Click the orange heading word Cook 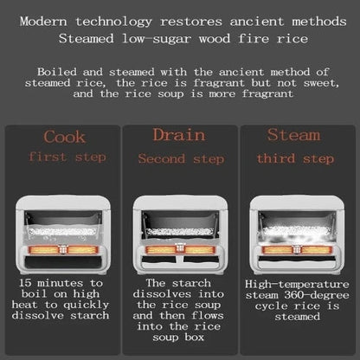point(65,137)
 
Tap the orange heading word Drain point(179,135)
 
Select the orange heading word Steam point(293,135)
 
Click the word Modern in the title point(43,22)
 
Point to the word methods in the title point(319,22)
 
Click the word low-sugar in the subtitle point(157,39)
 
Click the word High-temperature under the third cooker point(297,284)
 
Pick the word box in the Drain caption point(195,337)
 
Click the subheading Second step point(181,159)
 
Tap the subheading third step point(295,158)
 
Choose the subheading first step point(67,157)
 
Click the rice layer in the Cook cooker point(63,231)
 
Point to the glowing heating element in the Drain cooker point(180,249)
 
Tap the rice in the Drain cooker point(180,232)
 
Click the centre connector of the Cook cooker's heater point(63,249)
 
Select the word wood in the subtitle point(215,39)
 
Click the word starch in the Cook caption point(90,316)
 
